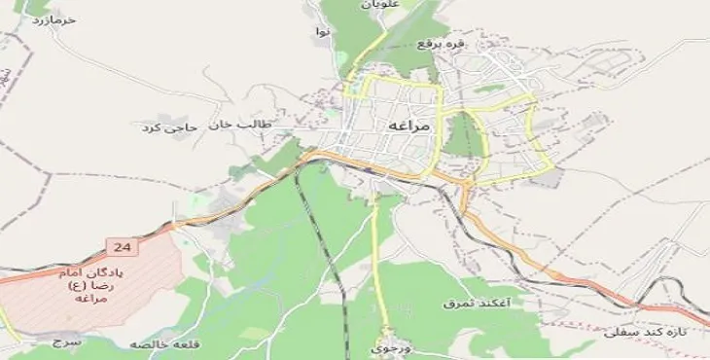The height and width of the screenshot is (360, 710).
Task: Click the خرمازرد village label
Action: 54,19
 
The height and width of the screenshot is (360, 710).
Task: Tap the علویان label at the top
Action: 381,5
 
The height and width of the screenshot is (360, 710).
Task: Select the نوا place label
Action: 324,32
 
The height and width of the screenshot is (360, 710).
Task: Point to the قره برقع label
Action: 442,43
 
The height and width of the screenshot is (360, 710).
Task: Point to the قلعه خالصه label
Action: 152,343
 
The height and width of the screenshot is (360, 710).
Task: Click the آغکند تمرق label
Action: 470,304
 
